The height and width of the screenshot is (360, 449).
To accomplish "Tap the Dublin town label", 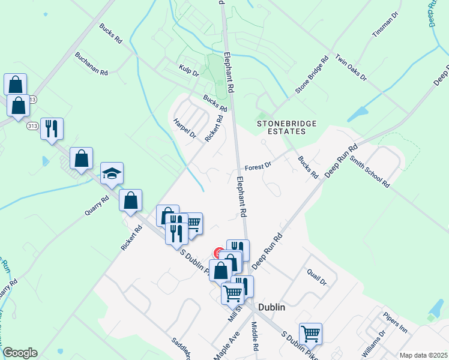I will click(271, 307).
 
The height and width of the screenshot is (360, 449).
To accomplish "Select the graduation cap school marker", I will click(112, 174).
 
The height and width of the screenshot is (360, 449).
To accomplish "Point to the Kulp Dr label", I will click(188, 71).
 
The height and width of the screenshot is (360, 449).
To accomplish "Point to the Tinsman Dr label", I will click(385, 25).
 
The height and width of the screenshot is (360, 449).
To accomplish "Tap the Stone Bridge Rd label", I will click(312, 76).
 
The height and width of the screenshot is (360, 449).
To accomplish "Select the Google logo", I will click(20, 353).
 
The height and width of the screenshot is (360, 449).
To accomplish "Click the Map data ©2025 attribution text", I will click(423, 355).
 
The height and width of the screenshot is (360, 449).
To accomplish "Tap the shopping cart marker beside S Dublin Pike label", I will click(310, 334).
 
